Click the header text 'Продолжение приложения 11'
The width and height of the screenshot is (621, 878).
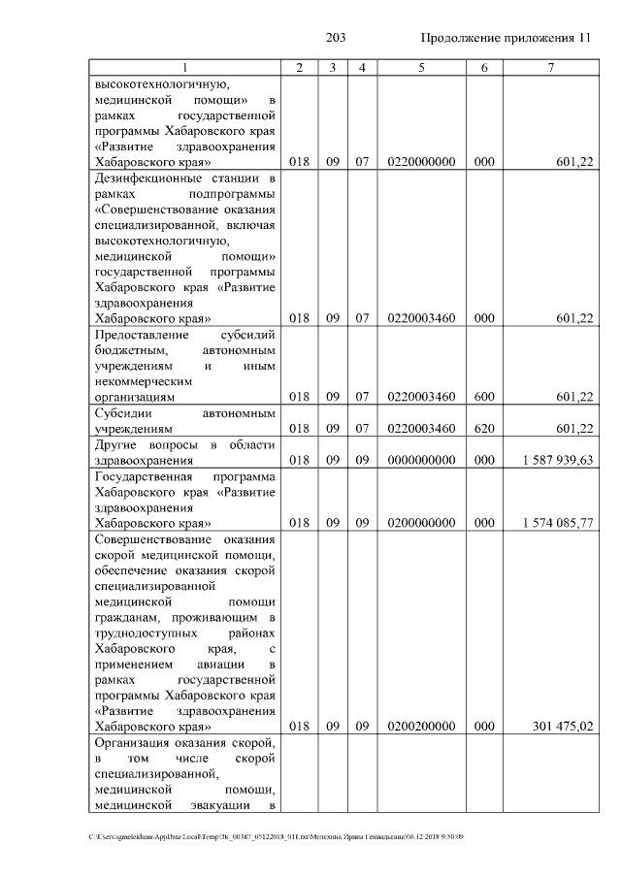coord(505,38)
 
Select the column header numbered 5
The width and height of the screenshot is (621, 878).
coord(421,67)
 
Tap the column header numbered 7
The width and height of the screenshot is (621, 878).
coord(550,67)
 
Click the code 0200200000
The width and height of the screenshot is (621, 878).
coord(421,726)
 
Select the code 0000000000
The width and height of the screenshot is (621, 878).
coord(421,460)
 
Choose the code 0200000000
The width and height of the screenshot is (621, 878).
coord(421,522)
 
